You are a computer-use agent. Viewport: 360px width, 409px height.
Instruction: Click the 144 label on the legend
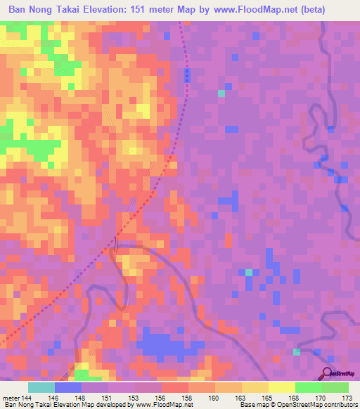27,397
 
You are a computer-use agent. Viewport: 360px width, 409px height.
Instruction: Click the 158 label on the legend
186,397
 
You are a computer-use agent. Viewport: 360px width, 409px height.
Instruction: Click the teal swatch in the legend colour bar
41,387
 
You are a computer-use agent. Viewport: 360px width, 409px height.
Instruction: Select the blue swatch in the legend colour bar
68,387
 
